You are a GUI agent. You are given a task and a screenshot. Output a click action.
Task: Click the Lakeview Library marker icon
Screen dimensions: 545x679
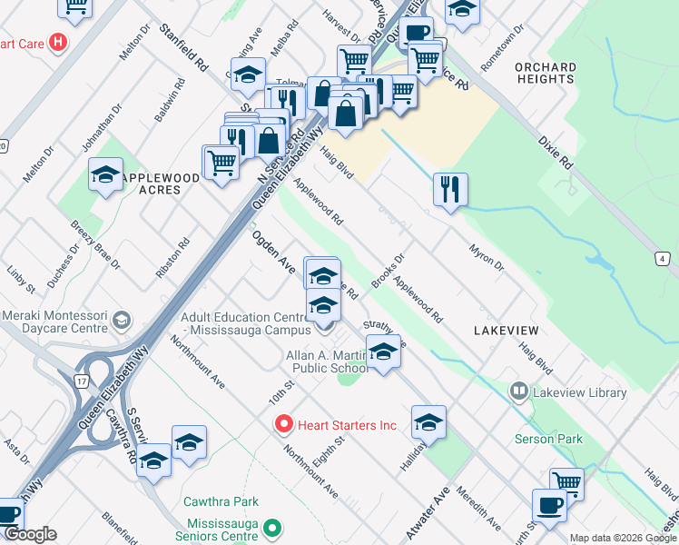pyautogui.click(x=519, y=392)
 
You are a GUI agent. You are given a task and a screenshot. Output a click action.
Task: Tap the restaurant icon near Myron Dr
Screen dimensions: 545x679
pyautogui.click(x=450, y=190)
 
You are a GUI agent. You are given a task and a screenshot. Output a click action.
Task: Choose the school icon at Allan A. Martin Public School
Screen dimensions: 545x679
pyautogui.click(x=383, y=352)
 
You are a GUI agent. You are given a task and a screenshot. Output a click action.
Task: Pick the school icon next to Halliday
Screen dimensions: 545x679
pyautogui.click(x=428, y=421)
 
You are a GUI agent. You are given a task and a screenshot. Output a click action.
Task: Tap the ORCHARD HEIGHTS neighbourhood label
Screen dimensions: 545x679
pyautogui.click(x=545, y=73)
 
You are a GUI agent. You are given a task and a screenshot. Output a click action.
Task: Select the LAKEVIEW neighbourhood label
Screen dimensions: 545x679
pyautogui.click(x=506, y=332)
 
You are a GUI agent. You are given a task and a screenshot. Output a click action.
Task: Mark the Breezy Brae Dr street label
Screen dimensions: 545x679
pyautogui.click(x=94, y=246)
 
